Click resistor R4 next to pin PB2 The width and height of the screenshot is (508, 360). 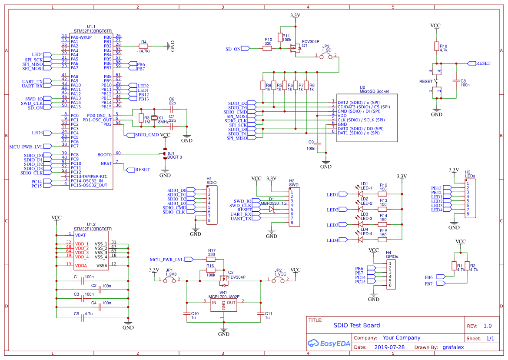pos(143,46)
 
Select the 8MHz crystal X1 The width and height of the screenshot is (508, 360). pos(153,118)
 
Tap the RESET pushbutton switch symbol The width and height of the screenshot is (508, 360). pos(437,81)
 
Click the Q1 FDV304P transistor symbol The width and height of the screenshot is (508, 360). pos(296,48)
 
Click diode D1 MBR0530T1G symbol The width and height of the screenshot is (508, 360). pos(272,210)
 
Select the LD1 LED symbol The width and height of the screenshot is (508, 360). pos(360,194)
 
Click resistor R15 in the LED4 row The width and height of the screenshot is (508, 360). pos(382,240)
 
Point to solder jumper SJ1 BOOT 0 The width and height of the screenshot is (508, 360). pos(165,154)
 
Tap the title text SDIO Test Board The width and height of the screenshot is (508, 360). pos(356,325)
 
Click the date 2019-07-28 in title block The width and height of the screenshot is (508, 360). pos(389,347)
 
